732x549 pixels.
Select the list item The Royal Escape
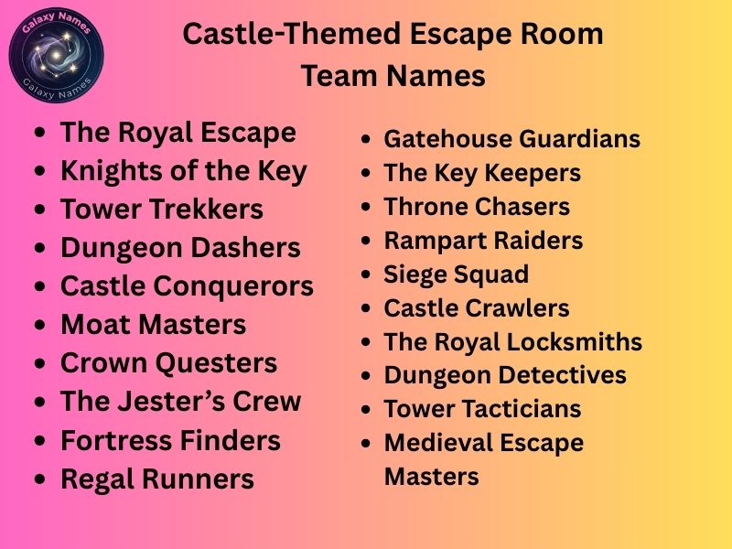tap(178, 133)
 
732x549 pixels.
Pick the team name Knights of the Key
tap(183, 171)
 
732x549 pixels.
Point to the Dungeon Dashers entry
tap(180, 248)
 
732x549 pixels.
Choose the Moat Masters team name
tap(153, 325)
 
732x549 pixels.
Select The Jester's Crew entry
tap(180, 402)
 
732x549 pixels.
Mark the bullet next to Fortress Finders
tap(38, 441)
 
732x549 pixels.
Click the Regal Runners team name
tap(156, 479)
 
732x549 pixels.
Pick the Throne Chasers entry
tap(477, 207)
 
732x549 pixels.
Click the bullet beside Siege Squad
tap(366, 275)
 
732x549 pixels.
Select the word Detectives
tap(565, 375)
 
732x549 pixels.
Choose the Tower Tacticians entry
tap(482, 409)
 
